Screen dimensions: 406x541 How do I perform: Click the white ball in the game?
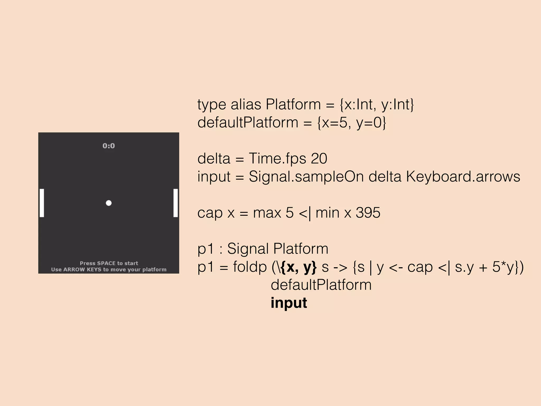[x=109, y=203]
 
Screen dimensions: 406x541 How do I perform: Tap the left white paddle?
[x=42, y=203]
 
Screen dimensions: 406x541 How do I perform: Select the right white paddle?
[x=175, y=203]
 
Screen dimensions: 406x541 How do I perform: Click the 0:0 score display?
[x=109, y=146]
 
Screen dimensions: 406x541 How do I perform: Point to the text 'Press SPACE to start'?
[x=109, y=263]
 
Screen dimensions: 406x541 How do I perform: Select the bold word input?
[x=289, y=303]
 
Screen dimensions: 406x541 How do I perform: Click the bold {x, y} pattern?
[x=299, y=267]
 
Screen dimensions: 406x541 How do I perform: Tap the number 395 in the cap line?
[x=368, y=213]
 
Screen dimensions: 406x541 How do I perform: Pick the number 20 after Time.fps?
[x=319, y=159]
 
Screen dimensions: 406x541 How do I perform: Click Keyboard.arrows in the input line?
[x=463, y=177]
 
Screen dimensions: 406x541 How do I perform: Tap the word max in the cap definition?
[x=267, y=213]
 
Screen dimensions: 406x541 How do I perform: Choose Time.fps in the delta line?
[x=277, y=159]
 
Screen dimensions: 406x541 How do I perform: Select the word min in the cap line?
[x=327, y=213]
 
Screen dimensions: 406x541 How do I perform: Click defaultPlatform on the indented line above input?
[x=321, y=285]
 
